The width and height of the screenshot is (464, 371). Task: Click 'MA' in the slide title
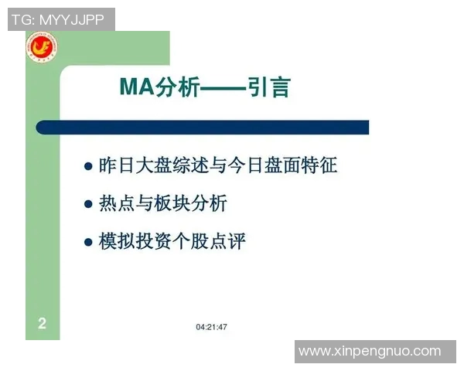[137, 87]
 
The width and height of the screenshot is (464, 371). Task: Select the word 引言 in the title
[268, 87]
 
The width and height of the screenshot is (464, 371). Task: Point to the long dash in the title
[223, 88]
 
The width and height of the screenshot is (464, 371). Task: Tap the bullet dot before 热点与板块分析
[88, 204]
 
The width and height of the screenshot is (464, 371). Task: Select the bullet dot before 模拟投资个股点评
[88, 243]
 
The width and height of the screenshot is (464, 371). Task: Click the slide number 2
[43, 324]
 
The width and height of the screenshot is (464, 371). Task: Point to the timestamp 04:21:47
[211, 327]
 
